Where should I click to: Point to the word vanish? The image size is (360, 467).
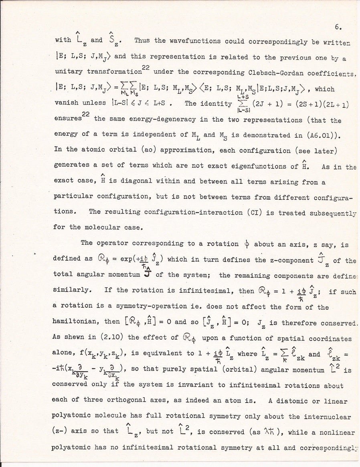[x=65, y=103]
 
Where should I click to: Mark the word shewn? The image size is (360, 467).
[x=78, y=338]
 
